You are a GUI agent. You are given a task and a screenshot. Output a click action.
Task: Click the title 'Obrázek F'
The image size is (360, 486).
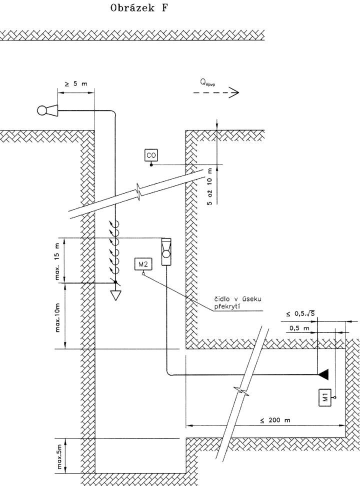[139, 8]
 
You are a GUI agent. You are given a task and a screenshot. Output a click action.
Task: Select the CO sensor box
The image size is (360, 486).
[151, 155]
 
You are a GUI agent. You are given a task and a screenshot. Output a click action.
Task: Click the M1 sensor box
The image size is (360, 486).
[325, 397]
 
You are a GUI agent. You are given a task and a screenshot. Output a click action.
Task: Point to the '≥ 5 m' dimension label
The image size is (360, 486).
[76, 83]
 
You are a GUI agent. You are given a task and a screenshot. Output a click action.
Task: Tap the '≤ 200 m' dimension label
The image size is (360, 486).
[275, 420]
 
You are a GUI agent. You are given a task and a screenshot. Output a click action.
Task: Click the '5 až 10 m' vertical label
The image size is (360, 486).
[210, 186]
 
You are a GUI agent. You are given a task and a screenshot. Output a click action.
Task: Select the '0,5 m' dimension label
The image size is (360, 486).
[299, 328]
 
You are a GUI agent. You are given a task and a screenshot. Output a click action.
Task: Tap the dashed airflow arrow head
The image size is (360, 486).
[234, 92]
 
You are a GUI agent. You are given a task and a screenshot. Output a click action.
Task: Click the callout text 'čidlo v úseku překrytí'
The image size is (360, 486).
[238, 302]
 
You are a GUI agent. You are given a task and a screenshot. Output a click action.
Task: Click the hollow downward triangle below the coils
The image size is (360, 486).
[116, 295]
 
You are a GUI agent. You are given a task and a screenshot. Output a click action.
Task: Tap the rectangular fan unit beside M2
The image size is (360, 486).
[166, 251]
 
